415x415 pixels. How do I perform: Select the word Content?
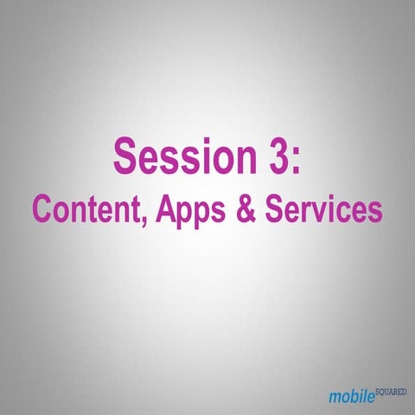pyautogui.click(x=80, y=208)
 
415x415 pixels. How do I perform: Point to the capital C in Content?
pyautogui.click(x=42, y=208)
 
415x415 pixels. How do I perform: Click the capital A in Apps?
pyautogui.click(x=150, y=208)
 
